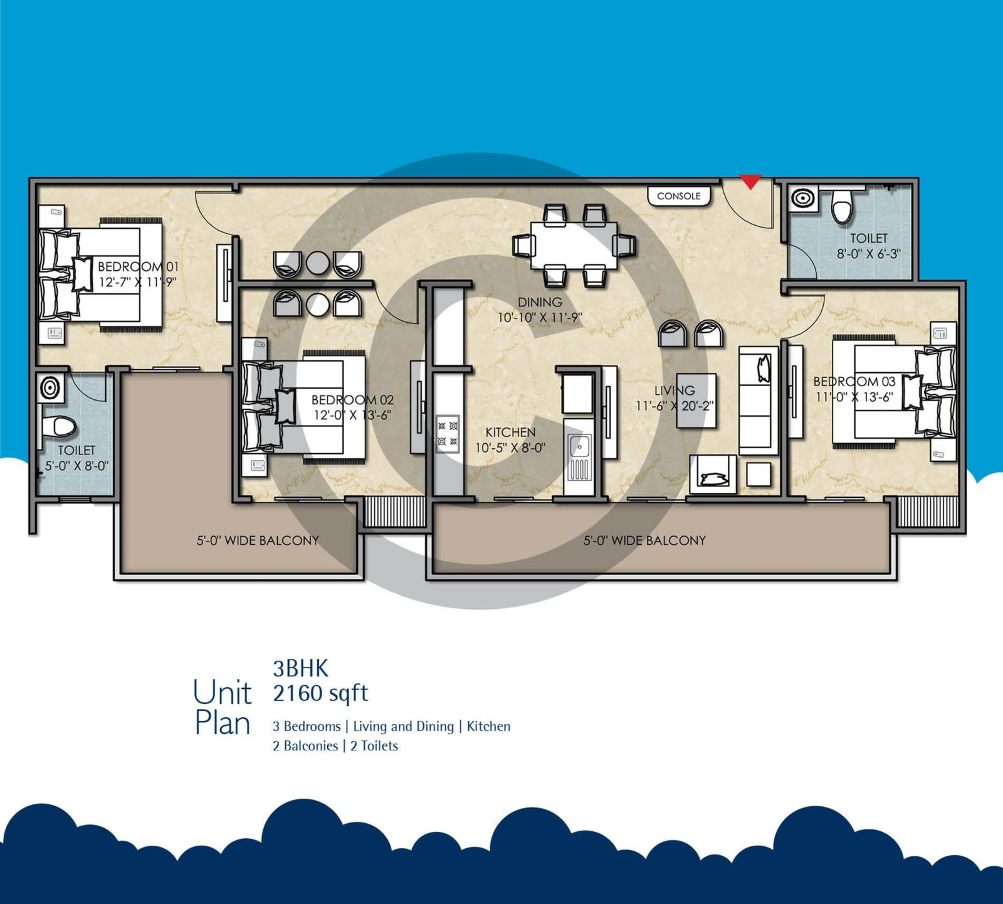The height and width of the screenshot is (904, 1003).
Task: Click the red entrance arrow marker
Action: (751, 182)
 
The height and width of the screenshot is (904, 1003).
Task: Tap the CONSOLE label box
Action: (679, 196)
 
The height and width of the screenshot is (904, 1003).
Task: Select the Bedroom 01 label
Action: (138, 266)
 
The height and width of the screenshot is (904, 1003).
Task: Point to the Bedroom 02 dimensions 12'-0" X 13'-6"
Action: (352, 415)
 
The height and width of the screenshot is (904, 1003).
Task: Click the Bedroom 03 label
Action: (854, 381)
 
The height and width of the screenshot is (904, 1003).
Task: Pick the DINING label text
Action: (539, 302)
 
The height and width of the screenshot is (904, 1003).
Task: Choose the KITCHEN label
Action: (510, 433)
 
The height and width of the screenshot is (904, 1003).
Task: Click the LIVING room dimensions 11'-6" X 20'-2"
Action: (675, 406)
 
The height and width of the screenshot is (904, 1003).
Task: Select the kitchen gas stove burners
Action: (448, 434)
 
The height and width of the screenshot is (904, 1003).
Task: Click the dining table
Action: (573, 244)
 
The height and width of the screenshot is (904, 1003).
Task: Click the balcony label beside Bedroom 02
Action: (258, 540)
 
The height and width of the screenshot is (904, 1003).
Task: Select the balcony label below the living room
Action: (644, 540)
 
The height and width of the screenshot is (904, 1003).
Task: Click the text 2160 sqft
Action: (320, 693)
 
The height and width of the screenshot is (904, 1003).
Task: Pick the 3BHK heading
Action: (300, 669)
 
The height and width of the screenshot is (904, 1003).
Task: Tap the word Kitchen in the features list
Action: (488, 727)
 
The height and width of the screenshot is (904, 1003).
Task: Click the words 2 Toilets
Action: (374, 746)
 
